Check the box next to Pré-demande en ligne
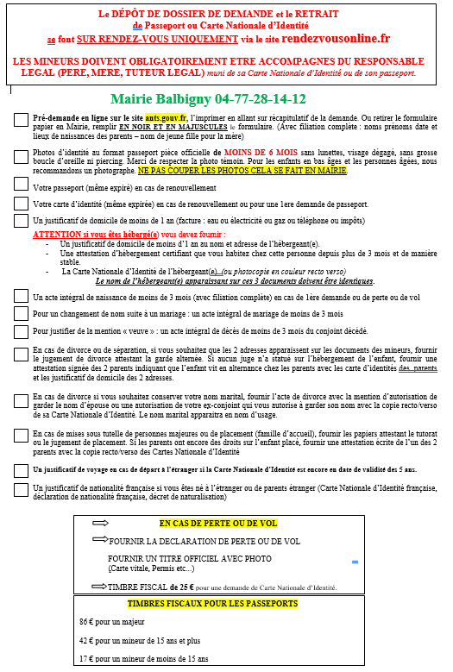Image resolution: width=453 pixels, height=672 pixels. [21, 119]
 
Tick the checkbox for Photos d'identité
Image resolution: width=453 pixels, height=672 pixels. [21, 155]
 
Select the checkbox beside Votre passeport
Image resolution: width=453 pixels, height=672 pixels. [21, 186]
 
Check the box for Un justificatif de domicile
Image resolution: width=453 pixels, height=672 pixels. [21, 221]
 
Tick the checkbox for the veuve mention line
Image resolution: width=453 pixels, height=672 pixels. [21, 330]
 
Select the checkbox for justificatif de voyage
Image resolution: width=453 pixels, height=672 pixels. [21, 469]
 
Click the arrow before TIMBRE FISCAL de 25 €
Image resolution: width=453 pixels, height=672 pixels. [98, 585]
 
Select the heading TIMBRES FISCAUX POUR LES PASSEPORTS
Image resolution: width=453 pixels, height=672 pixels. [212, 604]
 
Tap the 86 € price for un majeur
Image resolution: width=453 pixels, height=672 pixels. [85, 621]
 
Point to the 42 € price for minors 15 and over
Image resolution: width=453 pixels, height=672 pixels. [85, 641]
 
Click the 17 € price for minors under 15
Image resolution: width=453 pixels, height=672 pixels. [85, 659]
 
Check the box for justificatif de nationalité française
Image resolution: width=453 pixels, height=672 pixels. [21, 489]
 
